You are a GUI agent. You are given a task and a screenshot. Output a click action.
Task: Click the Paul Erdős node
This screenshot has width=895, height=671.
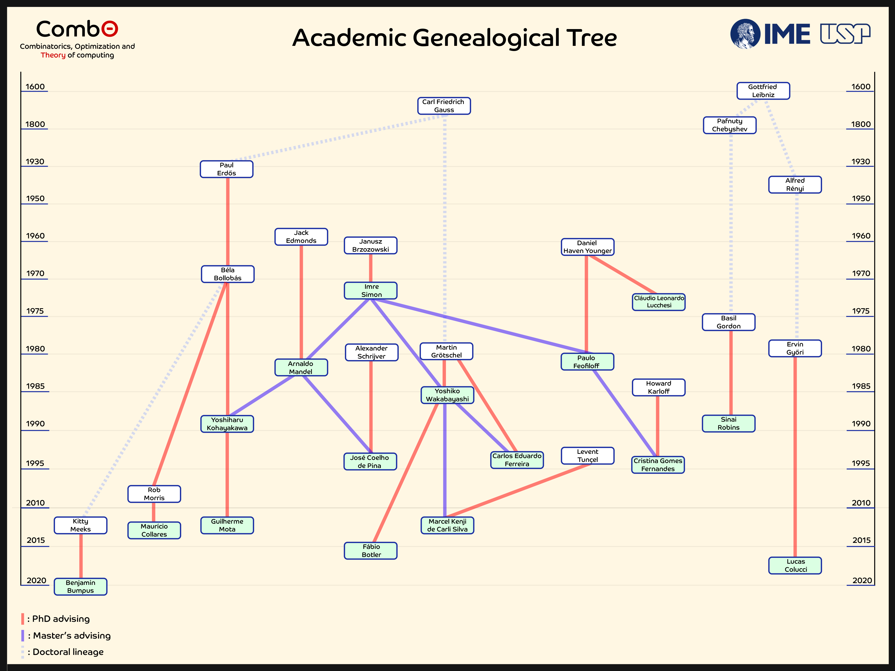[x=227, y=169]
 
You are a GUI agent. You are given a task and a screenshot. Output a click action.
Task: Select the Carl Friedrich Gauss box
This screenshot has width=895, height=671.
[x=444, y=106]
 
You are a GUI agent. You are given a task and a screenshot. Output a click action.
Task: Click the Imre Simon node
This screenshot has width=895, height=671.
[x=371, y=290]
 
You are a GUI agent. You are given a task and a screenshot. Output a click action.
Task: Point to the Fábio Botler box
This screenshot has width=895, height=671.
[x=371, y=550]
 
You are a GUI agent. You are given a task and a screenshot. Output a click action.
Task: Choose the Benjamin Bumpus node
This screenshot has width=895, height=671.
[x=81, y=586]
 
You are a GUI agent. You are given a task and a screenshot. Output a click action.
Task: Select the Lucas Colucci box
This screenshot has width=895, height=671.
[x=795, y=565]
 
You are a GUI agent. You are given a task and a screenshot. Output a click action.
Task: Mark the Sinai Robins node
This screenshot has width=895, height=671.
[x=728, y=423]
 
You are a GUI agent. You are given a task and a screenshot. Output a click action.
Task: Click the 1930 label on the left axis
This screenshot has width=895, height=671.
[x=35, y=162]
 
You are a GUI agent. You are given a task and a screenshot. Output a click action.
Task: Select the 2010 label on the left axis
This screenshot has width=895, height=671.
[x=35, y=503]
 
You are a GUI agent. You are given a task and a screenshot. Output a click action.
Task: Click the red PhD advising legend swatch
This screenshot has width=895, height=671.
[x=23, y=619]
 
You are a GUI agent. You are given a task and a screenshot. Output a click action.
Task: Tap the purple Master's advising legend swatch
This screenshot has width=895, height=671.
[x=23, y=635]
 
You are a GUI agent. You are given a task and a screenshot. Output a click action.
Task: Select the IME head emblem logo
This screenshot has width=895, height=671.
[x=745, y=34]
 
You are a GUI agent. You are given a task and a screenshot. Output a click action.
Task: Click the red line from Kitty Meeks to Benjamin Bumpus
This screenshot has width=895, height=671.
[x=81, y=556]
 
